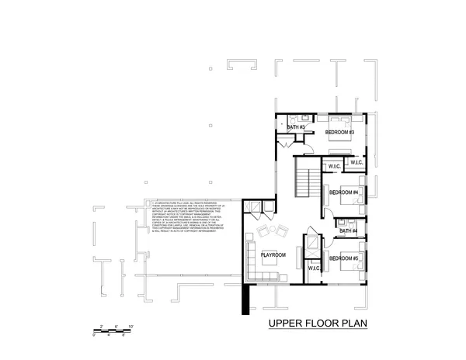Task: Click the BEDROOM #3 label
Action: tap(340, 132)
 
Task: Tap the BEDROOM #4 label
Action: tap(343, 192)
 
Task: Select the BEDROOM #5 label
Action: tap(343, 258)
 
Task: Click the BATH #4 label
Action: tap(348, 230)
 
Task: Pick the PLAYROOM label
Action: tap(273, 254)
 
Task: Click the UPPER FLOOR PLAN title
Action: tap(317, 324)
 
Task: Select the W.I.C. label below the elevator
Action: tap(314, 270)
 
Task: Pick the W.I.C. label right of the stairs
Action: tap(335, 166)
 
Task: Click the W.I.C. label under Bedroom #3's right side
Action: tap(356, 162)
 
